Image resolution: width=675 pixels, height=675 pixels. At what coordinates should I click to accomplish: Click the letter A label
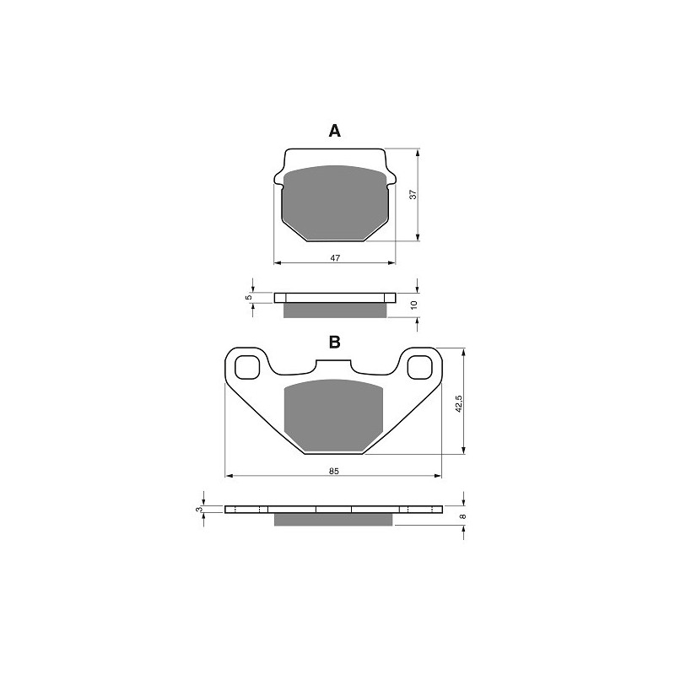pyautogui.click(x=335, y=131)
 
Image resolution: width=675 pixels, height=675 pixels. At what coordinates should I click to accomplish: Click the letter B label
pyautogui.click(x=334, y=342)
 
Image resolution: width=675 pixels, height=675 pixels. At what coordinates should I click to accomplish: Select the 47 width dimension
pyautogui.click(x=335, y=258)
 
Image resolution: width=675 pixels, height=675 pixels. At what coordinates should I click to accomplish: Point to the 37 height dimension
pyautogui.click(x=412, y=195)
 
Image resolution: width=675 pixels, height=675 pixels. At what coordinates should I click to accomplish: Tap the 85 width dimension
pyautogui.click(x=334, y=471)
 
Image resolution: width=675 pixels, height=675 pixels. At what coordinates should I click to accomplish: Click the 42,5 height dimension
pyautogui.click(x=457, y=401)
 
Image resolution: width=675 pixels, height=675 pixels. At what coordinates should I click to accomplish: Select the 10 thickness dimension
pyautogui.click(x=413, y=304)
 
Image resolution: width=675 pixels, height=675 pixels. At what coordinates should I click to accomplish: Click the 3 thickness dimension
pyautogui.click(x=199, y=509)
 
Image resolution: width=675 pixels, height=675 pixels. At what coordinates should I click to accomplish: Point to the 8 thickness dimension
pyautogui.click(x=463, y=516)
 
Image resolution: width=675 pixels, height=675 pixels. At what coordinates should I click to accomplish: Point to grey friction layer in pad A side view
pyautogui.click(x=334, y=310)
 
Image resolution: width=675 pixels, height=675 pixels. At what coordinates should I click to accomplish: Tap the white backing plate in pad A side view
pyautogui.click(x=334, y=297)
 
